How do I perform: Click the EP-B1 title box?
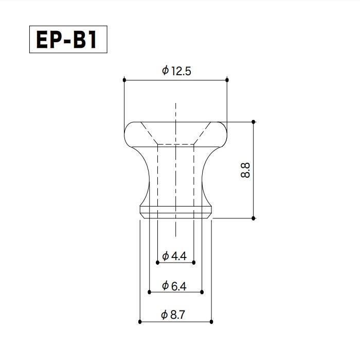point(68,40)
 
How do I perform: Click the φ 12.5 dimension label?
point(176,71)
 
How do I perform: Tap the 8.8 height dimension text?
point(245,170)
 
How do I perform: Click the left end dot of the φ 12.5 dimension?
point(124,80)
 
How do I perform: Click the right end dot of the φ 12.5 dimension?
point(227,80)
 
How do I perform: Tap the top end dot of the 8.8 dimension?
point(254,122)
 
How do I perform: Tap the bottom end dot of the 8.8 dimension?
point(254,218)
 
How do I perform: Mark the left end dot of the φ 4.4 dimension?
point(157,262)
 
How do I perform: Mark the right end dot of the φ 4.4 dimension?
point(194,262)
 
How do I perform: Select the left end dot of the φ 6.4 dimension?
point(149,292)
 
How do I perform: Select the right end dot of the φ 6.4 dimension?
point(202,292)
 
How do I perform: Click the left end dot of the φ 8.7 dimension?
point(140,322)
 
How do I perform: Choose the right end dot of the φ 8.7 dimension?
point(211,322)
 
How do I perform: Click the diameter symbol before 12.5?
point(165,71)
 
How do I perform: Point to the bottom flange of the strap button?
point(175,212)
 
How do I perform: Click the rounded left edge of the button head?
point(127,133)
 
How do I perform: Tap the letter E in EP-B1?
point(43,40)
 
